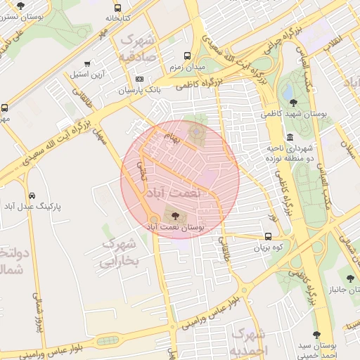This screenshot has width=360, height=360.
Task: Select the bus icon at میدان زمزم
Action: click(x=187, y=56)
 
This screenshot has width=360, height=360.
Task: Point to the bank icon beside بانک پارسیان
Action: click(x=139, y=79)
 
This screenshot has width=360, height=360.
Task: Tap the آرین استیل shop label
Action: click(x=88, y=74)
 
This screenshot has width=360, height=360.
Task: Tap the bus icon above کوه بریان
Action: click(x=268, y=236)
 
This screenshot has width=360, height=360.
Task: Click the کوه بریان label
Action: click(x=268, y=248)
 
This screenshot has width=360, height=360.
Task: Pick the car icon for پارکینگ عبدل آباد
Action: click(x=32, y=195)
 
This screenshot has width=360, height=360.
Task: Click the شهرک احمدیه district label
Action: click(x=249, y=340)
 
